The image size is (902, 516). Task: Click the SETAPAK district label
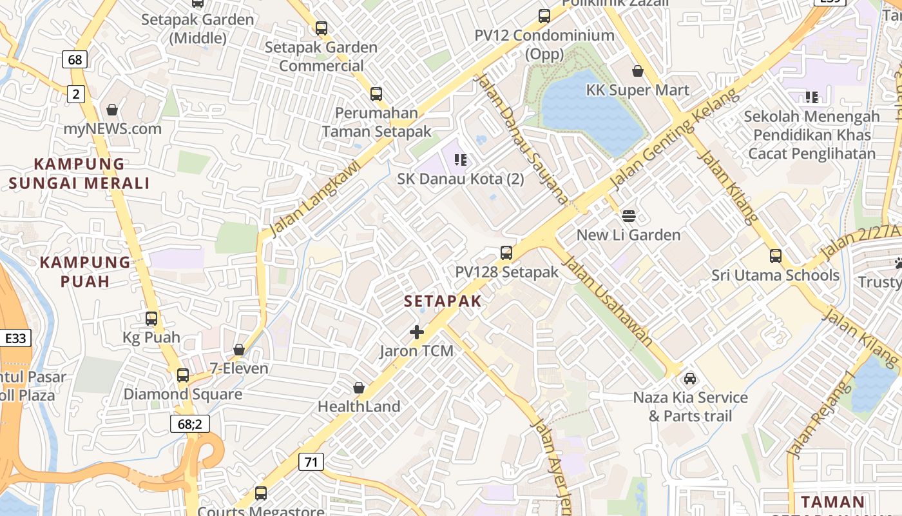pos(443,301)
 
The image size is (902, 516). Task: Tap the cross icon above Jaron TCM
pos(417,332)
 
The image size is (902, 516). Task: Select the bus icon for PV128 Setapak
pos(506,252)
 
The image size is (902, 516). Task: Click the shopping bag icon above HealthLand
pos(359,388)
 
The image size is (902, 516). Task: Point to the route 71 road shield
pos(311,461)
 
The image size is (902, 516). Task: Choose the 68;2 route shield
pos(190,424)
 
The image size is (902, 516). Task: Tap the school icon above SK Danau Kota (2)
pos(460,159)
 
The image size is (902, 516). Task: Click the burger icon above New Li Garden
pos(629,215)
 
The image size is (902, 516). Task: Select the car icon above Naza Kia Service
pos(690,378)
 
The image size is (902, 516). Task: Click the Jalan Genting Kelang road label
pos(674,140)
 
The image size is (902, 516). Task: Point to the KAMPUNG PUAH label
pos(85,272)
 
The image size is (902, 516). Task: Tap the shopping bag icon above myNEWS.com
pos(112,110)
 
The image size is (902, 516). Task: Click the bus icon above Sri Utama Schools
pos(776,256)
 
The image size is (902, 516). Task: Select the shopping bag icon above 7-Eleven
pos(239,350)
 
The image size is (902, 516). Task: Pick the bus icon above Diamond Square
pos(183,375)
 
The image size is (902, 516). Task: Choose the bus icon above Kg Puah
pos(151,318)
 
